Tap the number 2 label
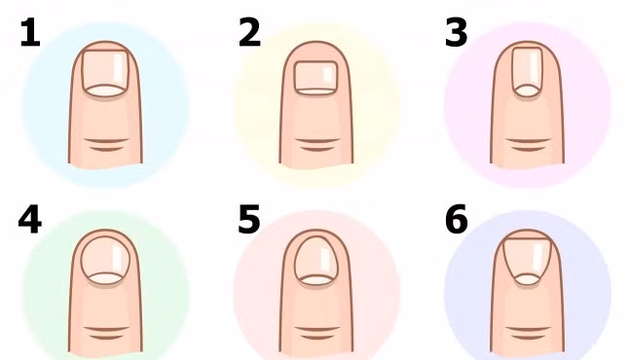249,34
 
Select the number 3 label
456,34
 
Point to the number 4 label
29,220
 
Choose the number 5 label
249,220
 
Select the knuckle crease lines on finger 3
527,145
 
